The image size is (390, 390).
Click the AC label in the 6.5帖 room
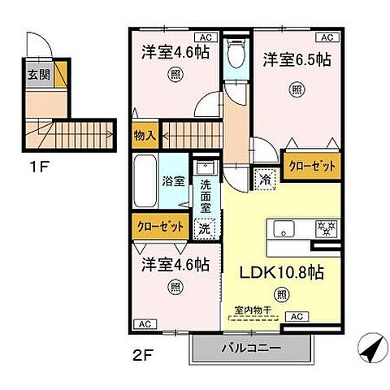coord(328,37)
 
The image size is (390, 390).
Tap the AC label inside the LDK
coord(297,316)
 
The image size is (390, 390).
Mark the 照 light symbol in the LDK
coord(282,293)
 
